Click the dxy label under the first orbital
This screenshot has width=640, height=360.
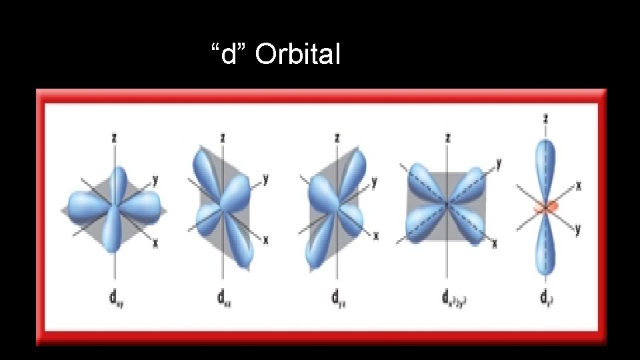(x=117, y=297)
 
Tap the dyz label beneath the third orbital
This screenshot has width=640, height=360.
(x=337, y=297)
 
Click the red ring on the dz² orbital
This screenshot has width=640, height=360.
(x=545, y=207)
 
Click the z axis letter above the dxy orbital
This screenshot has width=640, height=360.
(x=116, y=138)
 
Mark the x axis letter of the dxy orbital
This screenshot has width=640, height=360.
(x=155, y=243)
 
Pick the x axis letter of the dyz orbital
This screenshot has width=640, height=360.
(x=376, y=235)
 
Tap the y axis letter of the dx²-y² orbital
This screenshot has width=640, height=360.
(x=499, y=162)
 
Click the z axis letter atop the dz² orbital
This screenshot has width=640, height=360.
(x=546, y=119)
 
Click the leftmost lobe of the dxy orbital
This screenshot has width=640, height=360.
(x=85, y=204)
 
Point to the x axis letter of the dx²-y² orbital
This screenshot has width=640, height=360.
(x=494, y=244)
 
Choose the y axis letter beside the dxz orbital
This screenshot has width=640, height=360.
(x=265, y=179)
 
